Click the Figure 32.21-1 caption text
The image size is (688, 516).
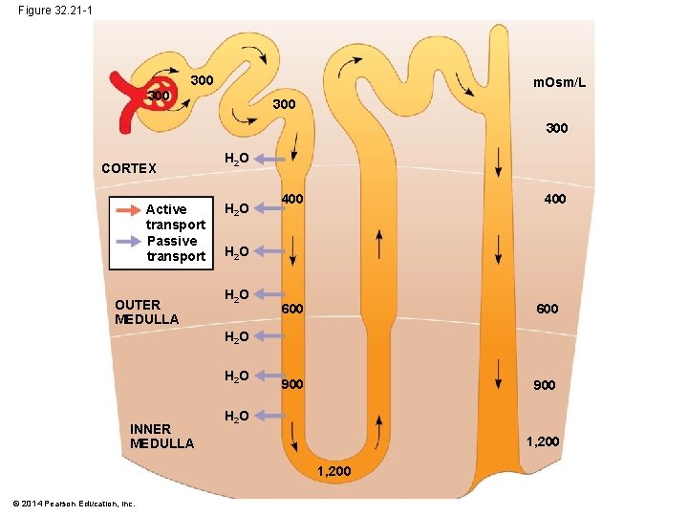(54, 10)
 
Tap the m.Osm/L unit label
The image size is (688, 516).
(559, 84)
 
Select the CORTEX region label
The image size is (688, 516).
(129, 168)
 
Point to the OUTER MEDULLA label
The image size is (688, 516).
(146, 312)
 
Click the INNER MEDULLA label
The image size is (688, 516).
(161, 436)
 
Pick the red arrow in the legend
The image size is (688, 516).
(127, 209)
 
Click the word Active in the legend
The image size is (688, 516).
(166, 209)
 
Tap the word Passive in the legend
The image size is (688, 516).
(172, 241)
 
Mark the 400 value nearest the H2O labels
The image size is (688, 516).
(292, 199)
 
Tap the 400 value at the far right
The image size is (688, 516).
(554, 199)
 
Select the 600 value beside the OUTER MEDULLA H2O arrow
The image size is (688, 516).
(292, 309)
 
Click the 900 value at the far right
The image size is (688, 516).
(545, 385)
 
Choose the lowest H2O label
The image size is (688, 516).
(237, 416)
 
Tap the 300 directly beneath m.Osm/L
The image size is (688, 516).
(556, 127)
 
